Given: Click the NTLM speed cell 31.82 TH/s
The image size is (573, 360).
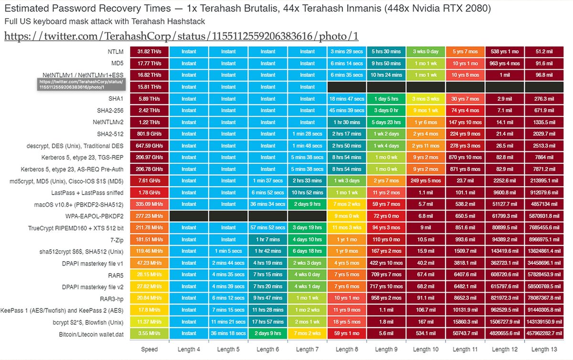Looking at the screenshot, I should coord(149,52).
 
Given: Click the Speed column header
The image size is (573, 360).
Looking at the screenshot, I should coord(149,349).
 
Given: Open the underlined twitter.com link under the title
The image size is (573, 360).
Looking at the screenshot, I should coord(181,36).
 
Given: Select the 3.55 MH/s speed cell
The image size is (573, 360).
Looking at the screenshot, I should coord(149,334).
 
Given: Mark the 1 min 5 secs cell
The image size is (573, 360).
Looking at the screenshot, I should coord(228,251).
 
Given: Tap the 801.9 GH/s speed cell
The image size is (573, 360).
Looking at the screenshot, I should coord(149,134).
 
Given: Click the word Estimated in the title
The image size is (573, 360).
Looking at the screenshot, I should coord(28,9).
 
